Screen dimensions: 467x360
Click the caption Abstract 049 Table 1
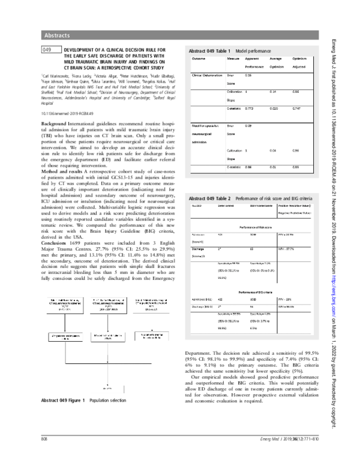pyautogui.click(x=211, y=52)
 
